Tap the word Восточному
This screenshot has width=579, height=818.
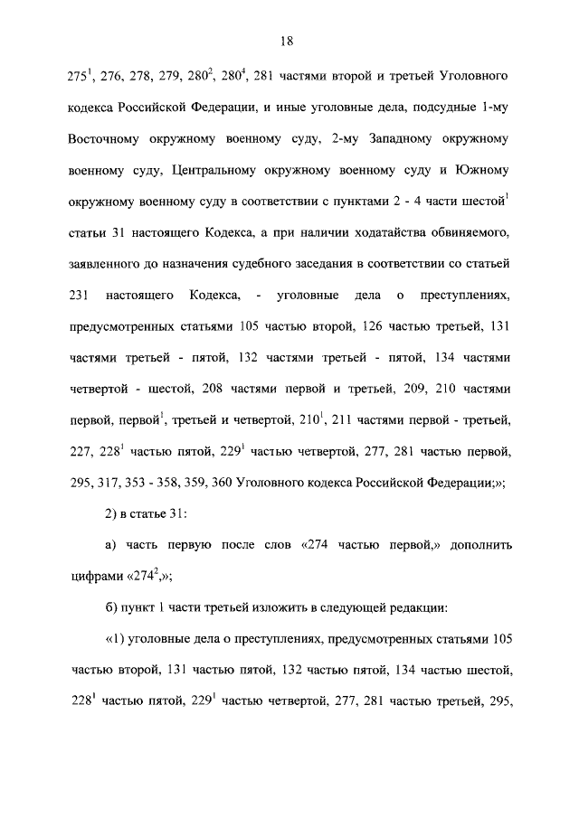[x=106, y=142]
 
